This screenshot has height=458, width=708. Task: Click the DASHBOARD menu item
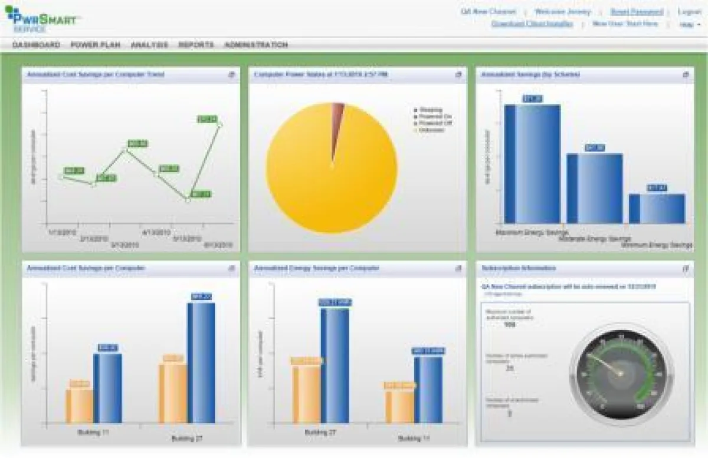coord(36,45)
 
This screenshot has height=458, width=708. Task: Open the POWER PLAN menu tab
coord(95,45)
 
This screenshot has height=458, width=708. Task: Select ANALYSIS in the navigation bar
coord(149,45)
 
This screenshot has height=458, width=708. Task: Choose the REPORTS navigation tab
coord(196,45)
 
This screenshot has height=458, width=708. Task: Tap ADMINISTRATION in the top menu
coord(256,45)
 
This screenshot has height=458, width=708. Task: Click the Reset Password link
coord(637,12)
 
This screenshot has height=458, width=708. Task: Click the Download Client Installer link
coord(532,24)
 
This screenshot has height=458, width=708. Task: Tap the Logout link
coord(690,12)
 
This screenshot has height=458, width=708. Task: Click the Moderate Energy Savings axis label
coord(595,239)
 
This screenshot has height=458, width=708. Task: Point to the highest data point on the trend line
coord(220,124)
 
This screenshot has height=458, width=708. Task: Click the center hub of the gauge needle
coord(620,373)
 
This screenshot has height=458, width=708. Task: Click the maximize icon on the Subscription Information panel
coord(686,269)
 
